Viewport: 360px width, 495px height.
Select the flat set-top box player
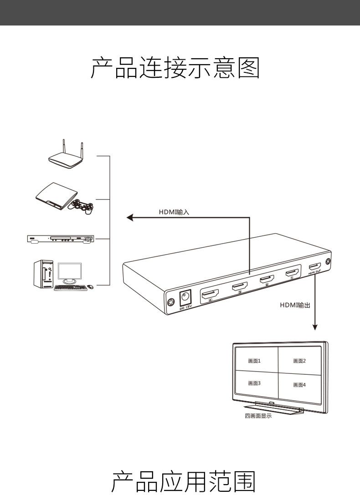click(x=60, y=239)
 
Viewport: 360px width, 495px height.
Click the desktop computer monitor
click(x=69, y=272)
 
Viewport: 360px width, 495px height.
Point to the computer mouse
click(x=90, y=286)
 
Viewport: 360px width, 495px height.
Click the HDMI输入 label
click(x=174, y=212)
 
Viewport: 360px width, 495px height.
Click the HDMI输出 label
click(x=295, y=305)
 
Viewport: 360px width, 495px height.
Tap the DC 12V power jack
click(x=185, y=298)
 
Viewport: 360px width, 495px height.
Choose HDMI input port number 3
click(x=239, y=286)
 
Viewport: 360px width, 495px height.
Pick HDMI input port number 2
click(x=267, y=280)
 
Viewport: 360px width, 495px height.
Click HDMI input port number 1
click(x=292, y=273)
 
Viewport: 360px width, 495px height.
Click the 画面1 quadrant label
click(x=254, y=361)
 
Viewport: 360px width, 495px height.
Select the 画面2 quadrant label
click(x=299, y=361)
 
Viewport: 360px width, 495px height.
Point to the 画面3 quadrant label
click(x=254, y=383)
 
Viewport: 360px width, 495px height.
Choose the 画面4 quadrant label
click(x=299, y=385)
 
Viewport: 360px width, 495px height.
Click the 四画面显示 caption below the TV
click(x=258, y=416)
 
